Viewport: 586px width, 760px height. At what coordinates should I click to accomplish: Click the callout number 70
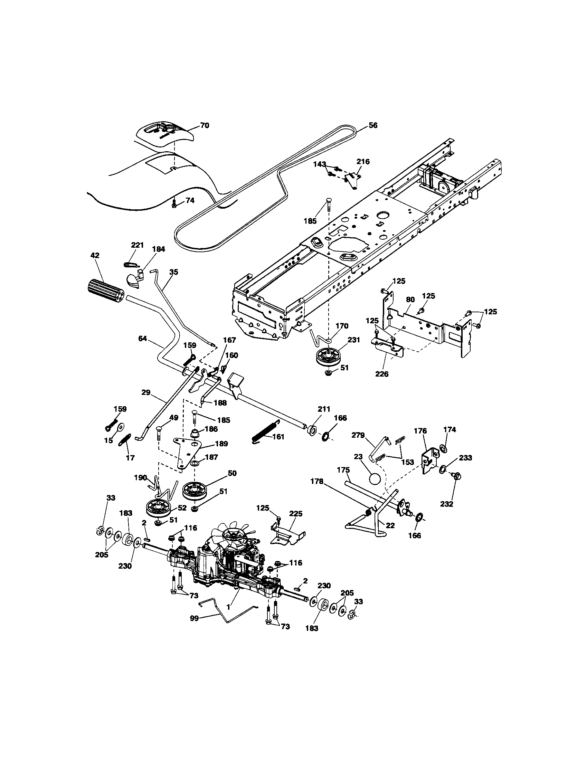205,125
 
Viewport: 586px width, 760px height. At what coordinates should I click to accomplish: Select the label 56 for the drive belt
373,125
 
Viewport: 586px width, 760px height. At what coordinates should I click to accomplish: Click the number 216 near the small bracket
363,161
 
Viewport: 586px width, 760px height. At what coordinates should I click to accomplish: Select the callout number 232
446,504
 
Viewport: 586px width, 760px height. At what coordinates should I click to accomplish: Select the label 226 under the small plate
382,374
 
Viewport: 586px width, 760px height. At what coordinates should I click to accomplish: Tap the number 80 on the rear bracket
410,299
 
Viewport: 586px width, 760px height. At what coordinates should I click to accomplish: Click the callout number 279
358,435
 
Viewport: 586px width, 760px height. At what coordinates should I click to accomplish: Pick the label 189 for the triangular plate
221,444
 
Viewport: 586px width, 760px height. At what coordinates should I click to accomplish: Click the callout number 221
137,245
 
